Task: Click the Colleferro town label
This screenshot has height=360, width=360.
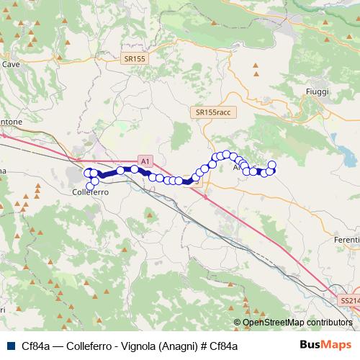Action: [91, 193]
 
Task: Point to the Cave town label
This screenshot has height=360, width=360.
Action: [11, 64]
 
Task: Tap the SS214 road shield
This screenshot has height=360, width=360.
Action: [349, 300]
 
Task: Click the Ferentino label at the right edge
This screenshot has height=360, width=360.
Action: [346, 238]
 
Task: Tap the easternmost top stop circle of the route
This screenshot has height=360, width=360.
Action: [272, 164]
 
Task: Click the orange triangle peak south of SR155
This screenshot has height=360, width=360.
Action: [255, 70]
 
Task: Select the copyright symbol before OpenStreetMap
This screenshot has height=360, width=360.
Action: [237, 323]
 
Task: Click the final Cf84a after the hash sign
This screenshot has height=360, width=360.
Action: [222, 346]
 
